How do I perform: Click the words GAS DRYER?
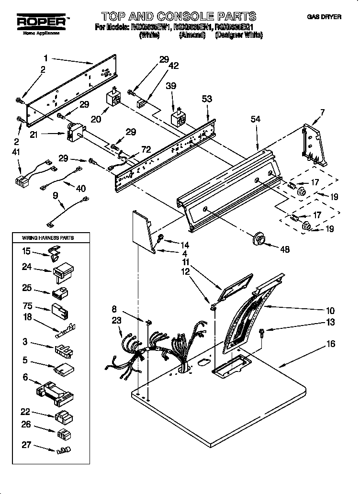[x=324, y=17]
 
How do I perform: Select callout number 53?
[x=207, y=100]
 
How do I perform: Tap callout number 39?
[x=171, y=86]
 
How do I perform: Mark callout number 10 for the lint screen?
[x=330, y=311]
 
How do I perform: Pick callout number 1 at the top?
[x=45, y=58]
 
